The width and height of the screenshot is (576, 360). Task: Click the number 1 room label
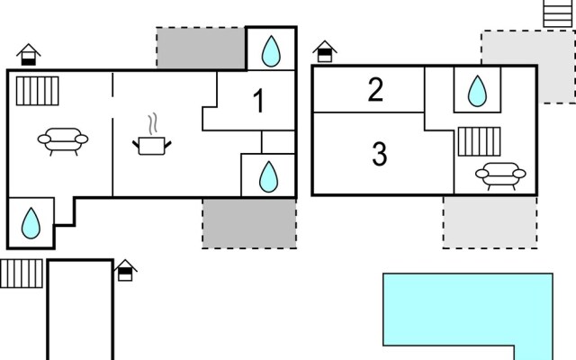pyautogui.click(x=258, y=101)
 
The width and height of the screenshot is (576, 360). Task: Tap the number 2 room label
pyautogui.click(x=376, y=89)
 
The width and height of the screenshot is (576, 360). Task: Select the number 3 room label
pyautogui.click(x=380, y=155)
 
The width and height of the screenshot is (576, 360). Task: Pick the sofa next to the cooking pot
pyautogui.click(x=62, y=139)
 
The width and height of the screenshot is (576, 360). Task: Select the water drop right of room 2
pyautogui.click(x=477, y=89)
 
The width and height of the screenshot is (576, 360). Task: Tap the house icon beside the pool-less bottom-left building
pyautogui.click(x=126, y=269)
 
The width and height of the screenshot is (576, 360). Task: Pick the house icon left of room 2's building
pyautogui.click(x=324, y=52)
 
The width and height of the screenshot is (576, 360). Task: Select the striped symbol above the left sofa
pyautogui.click(x=37, y=90)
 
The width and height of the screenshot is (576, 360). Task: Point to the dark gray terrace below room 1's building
pyautogui.click(x=249, y=223)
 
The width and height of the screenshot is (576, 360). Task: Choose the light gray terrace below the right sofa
pyautogui.click(x=490, y=221)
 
